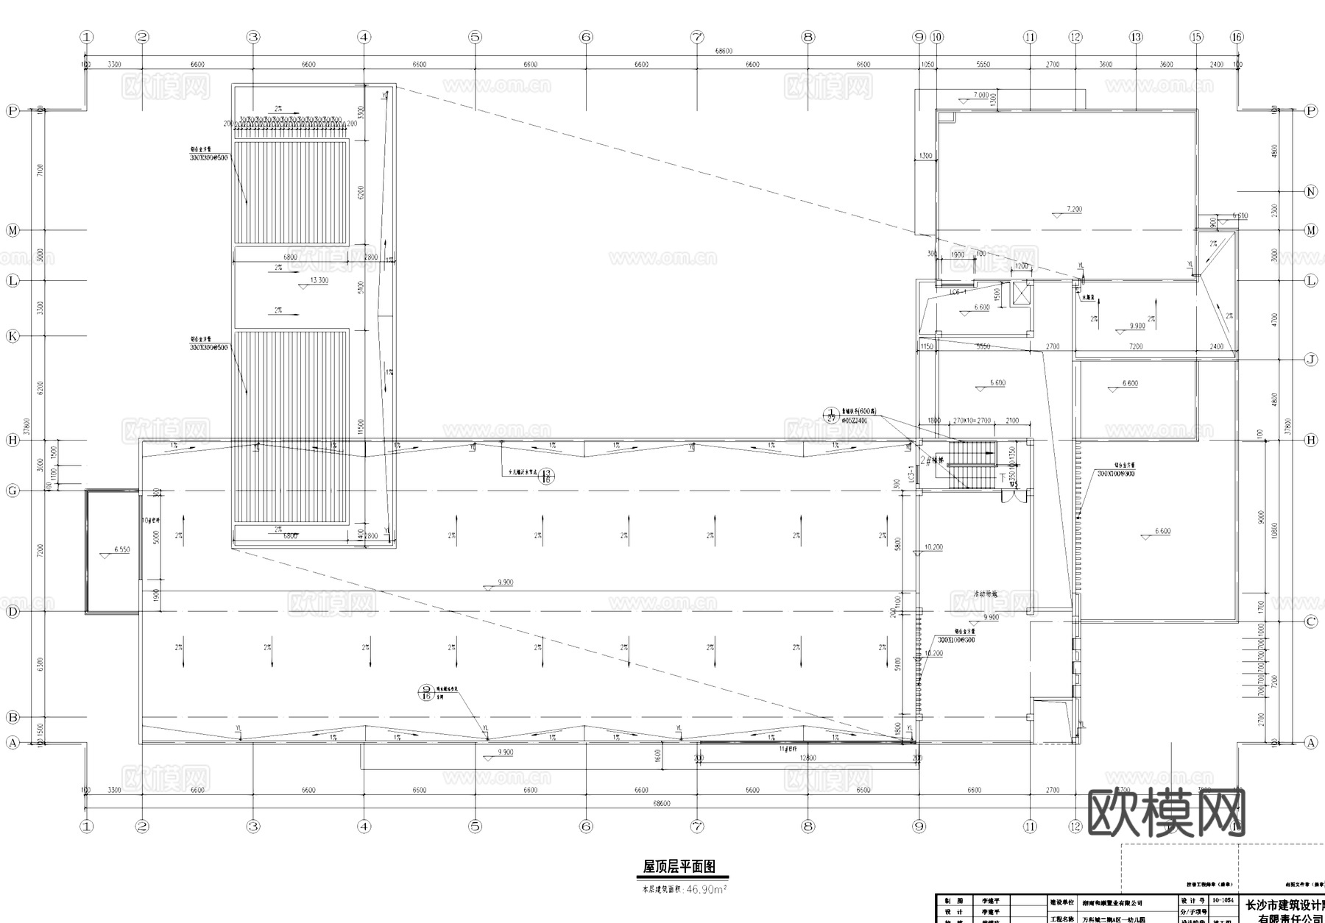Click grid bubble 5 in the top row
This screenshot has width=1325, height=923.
(x=475, y=37)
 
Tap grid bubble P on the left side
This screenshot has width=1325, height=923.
(x=13, y=111)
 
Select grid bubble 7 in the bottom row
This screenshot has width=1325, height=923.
(x=697, y=827)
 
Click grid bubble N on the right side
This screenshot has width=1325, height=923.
(x=1310, y=191)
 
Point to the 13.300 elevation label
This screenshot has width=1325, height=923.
(x=319, y=280)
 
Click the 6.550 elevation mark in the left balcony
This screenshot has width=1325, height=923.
(x=121, y=550)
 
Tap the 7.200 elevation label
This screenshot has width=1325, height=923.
(x=1074, y=210)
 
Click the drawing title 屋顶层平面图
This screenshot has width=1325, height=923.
(x=679, y=867)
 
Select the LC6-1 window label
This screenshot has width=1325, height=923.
(x=958, y=292)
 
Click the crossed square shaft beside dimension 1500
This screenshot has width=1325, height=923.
(x=1022, y=294)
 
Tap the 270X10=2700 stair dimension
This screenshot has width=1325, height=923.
(x=972, y=421)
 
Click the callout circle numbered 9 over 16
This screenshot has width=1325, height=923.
(x=426, y=692)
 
